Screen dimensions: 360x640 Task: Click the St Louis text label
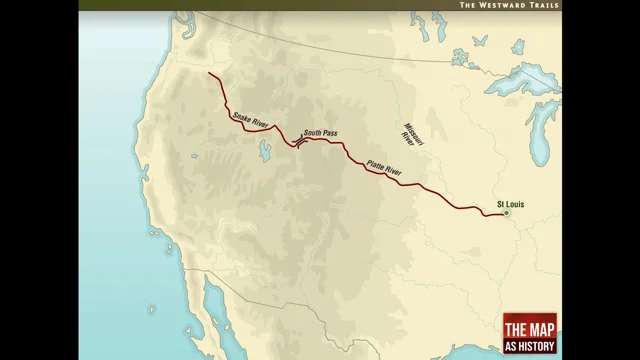511,204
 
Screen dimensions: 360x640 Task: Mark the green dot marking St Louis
507,213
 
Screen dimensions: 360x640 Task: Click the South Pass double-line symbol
298,141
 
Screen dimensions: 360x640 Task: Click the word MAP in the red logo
537,328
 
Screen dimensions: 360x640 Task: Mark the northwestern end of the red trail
209,73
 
